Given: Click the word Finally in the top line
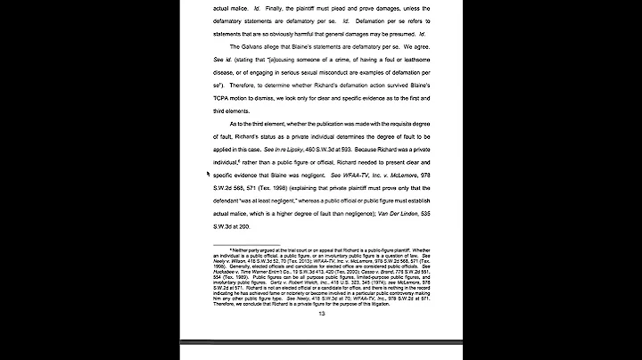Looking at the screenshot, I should (x=274, y=9).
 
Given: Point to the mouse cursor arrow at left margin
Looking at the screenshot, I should (x=209, y=175).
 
